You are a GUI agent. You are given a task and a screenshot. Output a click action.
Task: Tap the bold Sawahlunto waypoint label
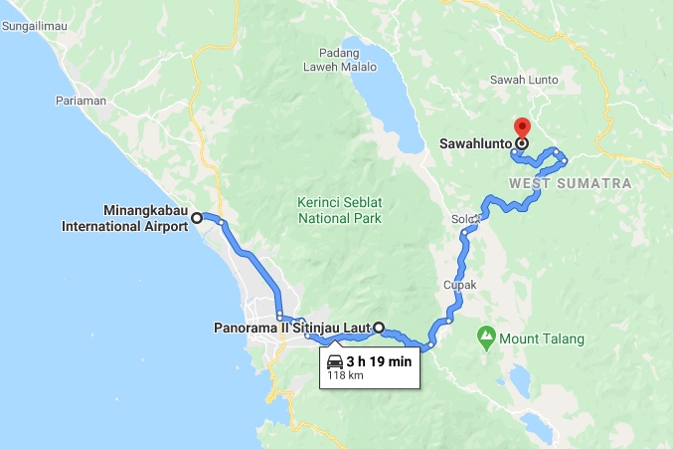(x=474, y=143)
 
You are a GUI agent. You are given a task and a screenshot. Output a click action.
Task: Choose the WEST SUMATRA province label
(x=570, y=184)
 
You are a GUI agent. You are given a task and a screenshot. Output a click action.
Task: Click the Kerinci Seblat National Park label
(x=339, y=209)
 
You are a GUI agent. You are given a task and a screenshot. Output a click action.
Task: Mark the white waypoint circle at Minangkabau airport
(x=196, y=217)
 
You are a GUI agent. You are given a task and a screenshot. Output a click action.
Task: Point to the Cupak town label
(x=461, y=285)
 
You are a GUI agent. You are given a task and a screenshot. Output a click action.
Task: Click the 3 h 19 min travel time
(x=379, y=361)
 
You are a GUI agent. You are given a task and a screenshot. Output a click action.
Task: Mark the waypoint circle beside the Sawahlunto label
(x=521, y=143)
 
